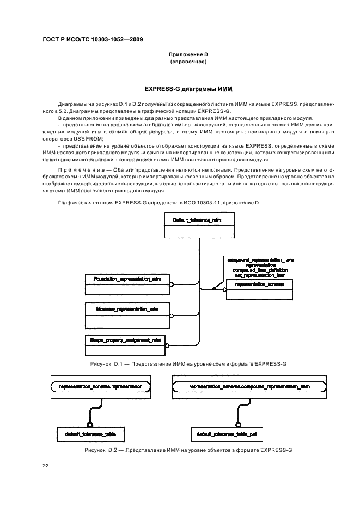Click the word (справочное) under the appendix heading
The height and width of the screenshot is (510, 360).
coord(188,62)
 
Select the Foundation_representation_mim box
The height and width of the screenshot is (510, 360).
coord(127,278)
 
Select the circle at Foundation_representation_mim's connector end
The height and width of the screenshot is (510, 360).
coord(171,284)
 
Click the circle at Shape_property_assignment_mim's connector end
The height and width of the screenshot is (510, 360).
coord(168,344)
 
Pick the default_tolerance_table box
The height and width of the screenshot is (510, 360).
coord(90,435)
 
